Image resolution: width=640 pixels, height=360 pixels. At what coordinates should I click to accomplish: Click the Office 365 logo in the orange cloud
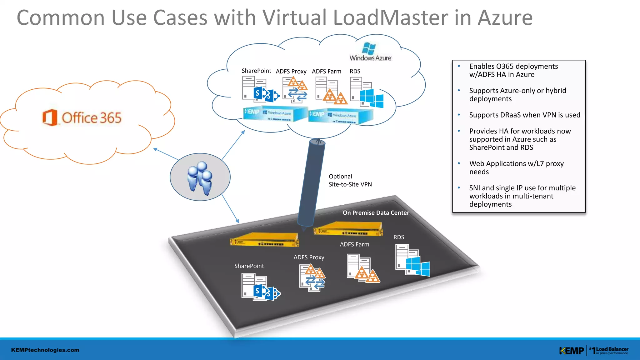click(82, 118)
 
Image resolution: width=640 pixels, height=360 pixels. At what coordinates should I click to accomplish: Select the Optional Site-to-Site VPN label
click(350, 180)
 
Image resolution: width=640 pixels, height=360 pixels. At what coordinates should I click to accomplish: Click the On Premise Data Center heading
click(376, 213)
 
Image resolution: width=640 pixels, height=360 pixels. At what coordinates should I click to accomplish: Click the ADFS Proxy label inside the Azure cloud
click(291, 72)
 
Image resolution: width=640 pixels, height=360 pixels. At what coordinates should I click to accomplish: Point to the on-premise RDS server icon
click(412, 260)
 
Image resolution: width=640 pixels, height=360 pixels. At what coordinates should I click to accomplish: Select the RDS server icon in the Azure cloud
click(366, 92)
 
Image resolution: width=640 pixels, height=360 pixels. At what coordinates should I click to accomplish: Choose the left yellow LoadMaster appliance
click(264, 240)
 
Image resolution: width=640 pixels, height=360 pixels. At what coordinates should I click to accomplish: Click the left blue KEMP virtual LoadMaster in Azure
click(275, 114)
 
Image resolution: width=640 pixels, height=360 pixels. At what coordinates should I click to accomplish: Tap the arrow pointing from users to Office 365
click(166, 154)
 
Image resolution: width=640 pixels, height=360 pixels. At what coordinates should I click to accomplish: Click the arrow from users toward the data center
click(231, 208)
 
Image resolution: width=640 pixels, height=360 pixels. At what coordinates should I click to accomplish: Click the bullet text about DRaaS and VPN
click(524, 115)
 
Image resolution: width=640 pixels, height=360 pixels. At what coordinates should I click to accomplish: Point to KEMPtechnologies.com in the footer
click(45, 350)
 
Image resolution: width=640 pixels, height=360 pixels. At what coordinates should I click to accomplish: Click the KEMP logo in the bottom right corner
click(571, 351)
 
